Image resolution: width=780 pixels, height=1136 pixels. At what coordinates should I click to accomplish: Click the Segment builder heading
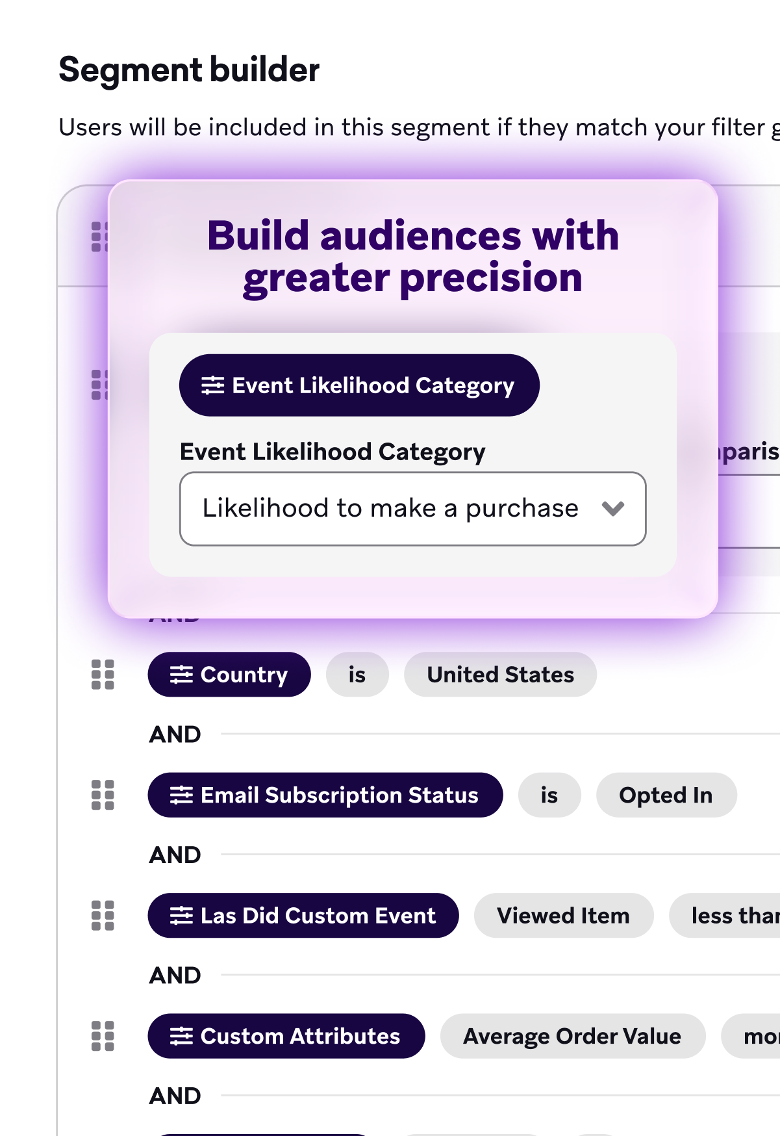(x=189, y=70)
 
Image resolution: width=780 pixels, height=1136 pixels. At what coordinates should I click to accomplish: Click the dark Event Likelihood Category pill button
(x=359, y=385)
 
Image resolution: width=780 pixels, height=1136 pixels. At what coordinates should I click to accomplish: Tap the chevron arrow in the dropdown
(x=613, y=508)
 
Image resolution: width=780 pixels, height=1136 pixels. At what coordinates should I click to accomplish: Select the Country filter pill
(x=229, y=675)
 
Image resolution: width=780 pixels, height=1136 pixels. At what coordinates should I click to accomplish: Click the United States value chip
(x=500, y=675)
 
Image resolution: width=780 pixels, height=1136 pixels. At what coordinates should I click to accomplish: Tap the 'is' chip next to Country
(x=357, y=675)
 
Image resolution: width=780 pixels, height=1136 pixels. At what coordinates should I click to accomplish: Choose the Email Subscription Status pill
(x=325, y=795)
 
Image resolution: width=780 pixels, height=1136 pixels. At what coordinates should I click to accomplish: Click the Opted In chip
(x=666, y=795)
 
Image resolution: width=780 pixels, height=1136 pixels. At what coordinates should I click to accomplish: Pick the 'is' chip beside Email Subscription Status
(x=549, y=795)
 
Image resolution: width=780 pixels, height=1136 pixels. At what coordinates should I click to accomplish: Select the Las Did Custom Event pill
(x=303, y=915)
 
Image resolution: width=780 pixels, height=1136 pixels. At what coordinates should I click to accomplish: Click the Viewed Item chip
(x=563, y=915)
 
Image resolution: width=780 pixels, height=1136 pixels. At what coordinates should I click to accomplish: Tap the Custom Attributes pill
(x=286, y=1036)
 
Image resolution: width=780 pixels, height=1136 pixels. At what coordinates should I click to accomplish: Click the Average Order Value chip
(x=572, y=1036)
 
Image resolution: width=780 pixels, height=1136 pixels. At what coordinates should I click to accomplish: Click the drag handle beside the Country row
(x=103, y=675)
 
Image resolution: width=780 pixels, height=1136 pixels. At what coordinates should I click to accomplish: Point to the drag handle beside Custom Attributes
(x=103, y=1036)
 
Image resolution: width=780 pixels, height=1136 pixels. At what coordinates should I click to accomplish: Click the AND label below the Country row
(x=175, y=734)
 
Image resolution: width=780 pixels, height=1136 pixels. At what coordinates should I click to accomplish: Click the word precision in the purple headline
(x=491, y=278)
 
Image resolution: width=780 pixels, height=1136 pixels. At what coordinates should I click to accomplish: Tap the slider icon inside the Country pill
(x=181, y=675)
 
